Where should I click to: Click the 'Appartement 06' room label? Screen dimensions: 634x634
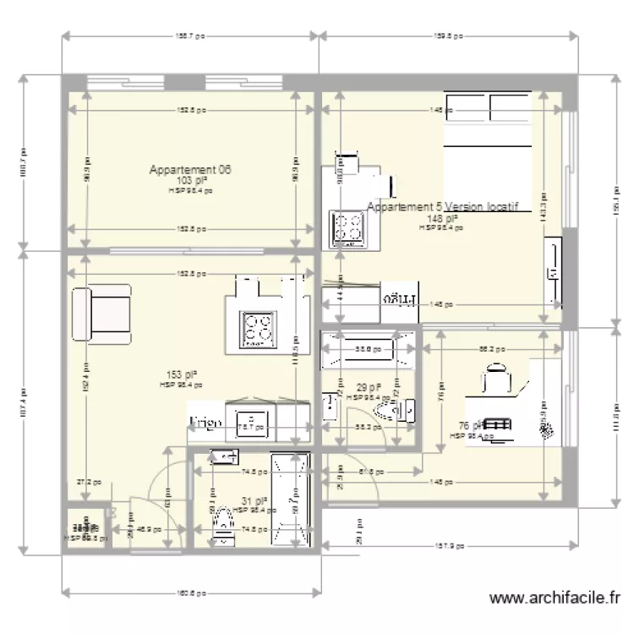point(190,170)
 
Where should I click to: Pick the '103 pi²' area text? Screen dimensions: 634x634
point(191,181)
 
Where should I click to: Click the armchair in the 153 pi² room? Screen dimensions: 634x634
point(101,313)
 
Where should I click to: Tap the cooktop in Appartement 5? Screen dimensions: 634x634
point(347,227)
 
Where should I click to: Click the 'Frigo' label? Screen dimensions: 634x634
point(206,421)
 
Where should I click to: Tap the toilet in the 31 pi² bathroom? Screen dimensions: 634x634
point(223,519)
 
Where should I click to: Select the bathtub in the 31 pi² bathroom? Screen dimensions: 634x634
point(291,499)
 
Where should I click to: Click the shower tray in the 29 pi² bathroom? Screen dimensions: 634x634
point(369,348)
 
